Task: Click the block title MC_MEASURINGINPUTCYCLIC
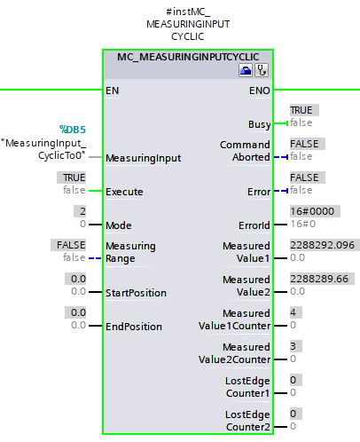188,57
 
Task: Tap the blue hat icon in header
246,70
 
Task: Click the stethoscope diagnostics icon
262,70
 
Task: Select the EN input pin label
113,91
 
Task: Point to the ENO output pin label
259,91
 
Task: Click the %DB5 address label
73,130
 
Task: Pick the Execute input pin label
124,192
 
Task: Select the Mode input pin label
119,225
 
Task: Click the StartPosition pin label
136,293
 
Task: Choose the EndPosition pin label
134,327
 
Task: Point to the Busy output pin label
259,124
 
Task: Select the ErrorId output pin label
254,225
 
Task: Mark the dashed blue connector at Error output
281,191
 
